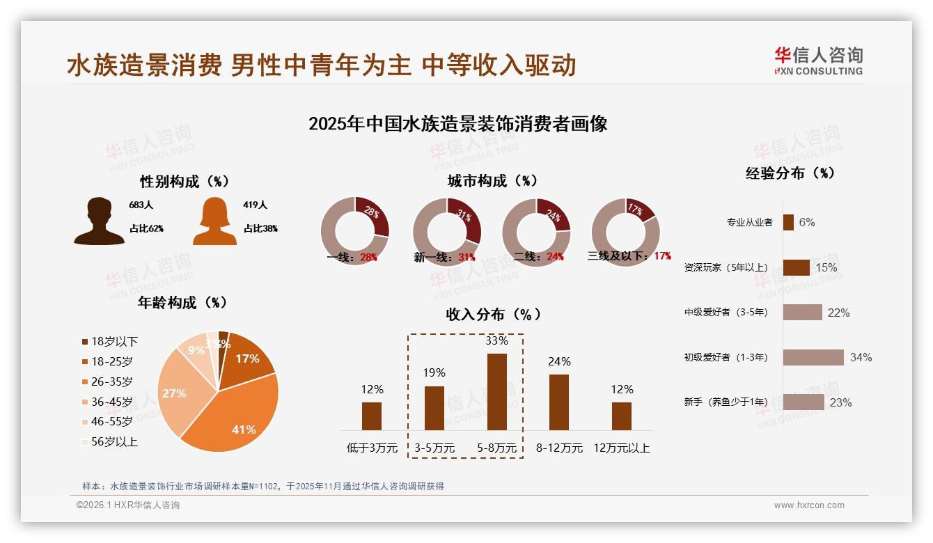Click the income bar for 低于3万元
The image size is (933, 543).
pyautogui.click(x=372, y=416)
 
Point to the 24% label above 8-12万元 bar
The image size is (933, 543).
pyautogui.click(x=558, y=361)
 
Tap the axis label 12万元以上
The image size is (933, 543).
pyautogui.click(x=621, y=448)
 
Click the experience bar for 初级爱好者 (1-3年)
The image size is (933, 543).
pyautogui.click(x=813, y=357)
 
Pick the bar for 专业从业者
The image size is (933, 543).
pyautogui.click(x=788, y=222)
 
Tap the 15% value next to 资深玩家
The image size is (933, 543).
pyautogui.click(x=826, y=267)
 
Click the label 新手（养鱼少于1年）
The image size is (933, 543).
pyautogui.click(x=726, y=402)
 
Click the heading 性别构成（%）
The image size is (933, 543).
pyautogui.click(x=184, y=182)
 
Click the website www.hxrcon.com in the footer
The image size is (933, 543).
pyautogui.click(x=808, y=505)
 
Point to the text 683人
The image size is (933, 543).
pyautogui.click(x=141, y=205)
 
